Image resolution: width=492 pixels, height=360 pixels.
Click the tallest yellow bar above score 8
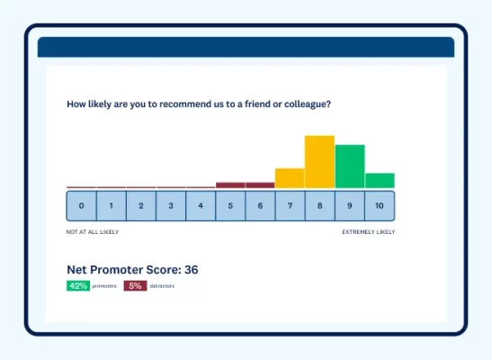pyautogui.click(x=319, y=162)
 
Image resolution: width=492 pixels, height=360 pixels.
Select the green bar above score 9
pyautogui.click(x=350, y=166)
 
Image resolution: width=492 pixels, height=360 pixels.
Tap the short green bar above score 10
pyautogui.click(x=380, y=180)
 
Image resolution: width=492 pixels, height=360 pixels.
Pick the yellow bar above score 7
pyautogui.click(x=290, y=178)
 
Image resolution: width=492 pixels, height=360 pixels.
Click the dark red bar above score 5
pyautogui.click(x=230, y=185)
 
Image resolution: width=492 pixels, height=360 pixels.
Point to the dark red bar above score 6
pyautogui.click(x=260, y=185)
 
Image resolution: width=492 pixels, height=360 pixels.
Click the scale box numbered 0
pyautogui.click(x=81, y=206)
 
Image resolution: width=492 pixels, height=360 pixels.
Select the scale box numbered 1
pyautogui.click(x=112, y=206)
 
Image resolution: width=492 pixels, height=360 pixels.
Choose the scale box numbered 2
pyautogui.click(x=141, y=206)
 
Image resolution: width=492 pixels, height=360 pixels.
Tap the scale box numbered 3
pyautogui.click(x=171, y=206)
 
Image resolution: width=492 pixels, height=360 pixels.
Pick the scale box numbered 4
pyautogui.click(x=201, y=206)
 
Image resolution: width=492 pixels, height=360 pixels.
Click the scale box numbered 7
pyautogui.click(x=290, y=206)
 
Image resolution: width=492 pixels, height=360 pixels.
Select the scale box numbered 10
pyautogui.click(x=380, y=206)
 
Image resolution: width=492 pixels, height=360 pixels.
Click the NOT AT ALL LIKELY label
pyautogui.click(x=92, y=232)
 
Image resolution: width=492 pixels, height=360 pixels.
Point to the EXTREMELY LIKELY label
pyautogui.click(x=368, y=232)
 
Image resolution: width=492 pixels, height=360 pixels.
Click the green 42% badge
pyautogui.click(x=77, y=285)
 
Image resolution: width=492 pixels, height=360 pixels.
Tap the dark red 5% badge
pyautogui.click(x=135, y=285)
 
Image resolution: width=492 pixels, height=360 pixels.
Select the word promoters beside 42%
pyautogui.click(x=104, y=286)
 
